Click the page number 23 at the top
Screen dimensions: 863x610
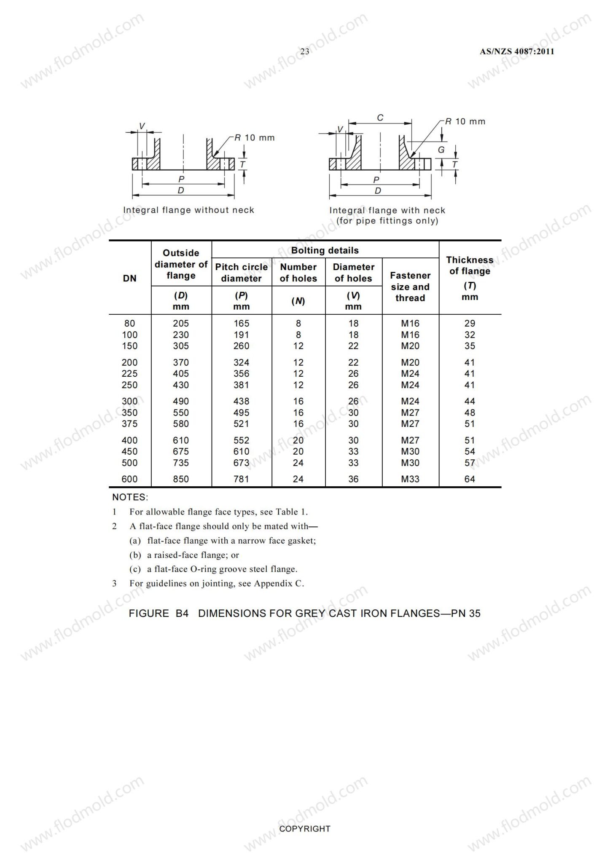304,51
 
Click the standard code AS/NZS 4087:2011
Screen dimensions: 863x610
517,51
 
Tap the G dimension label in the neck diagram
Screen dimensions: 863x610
441,150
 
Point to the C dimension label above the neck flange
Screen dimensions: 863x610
380,118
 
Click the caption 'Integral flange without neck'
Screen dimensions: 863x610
188,210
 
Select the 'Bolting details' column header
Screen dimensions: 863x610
325,250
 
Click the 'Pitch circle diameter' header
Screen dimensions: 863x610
242,273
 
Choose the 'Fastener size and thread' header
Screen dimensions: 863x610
410,287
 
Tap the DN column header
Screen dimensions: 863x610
130,278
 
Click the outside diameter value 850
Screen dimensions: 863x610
181,479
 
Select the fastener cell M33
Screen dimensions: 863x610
410,479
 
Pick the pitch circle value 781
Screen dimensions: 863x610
242,479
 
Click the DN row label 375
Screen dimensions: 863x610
130,424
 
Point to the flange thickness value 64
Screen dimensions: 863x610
470,479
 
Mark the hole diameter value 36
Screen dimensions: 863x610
353,479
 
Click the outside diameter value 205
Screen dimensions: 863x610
181,324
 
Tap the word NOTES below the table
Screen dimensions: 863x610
130,497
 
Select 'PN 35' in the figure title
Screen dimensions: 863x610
466,614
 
